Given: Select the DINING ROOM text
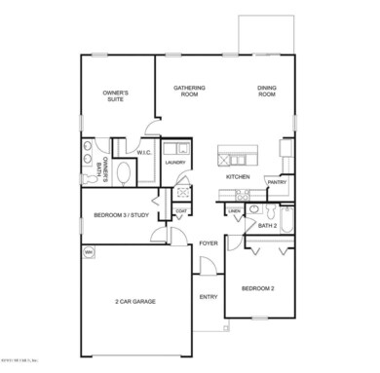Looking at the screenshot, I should [268, 92].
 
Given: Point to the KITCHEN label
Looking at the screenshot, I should [239, 177].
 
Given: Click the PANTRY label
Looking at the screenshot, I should [277, 182].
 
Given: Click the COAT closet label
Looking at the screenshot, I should [181, 211].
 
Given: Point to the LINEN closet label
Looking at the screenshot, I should [235, 211].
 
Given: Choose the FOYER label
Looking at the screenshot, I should [208, 243].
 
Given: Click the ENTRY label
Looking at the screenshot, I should [208, 296].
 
